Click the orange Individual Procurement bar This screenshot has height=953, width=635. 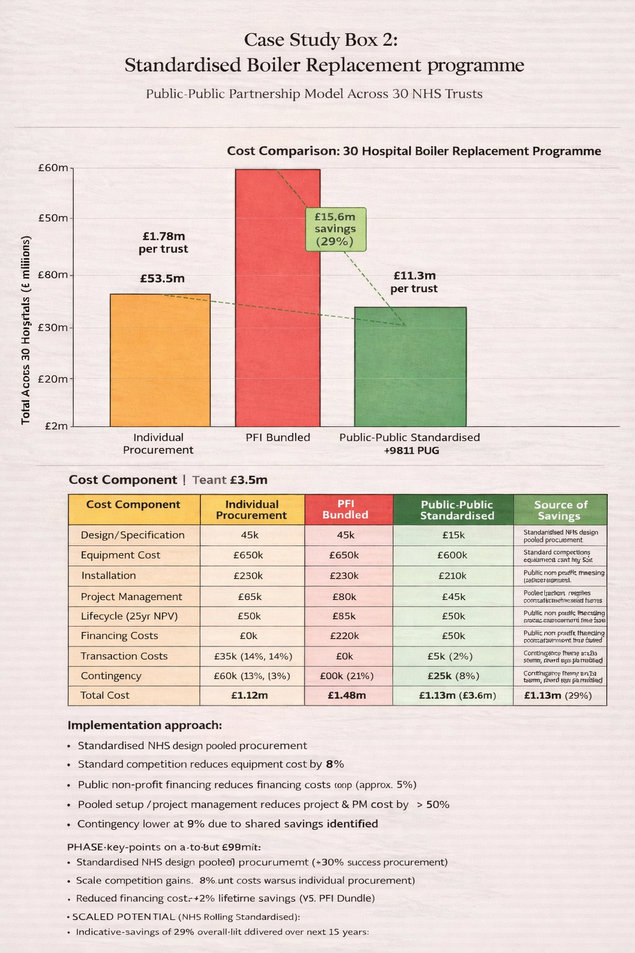click(160, 360)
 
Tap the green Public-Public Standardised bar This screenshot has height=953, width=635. click(410, 366)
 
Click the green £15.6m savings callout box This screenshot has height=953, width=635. click(335, 229)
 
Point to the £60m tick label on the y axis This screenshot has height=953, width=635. click(55, 168)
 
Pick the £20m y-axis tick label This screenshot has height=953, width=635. click(55, 378)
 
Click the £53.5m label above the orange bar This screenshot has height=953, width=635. click(162, 279)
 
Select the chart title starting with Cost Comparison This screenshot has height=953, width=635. click(414, 151)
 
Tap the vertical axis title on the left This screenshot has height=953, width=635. click(26, 330)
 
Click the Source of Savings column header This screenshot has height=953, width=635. click(561, 510)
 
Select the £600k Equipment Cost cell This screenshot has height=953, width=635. click(452, 555)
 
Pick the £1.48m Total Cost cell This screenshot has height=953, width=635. click(347, 696)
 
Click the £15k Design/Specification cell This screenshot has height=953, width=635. click(453, 535)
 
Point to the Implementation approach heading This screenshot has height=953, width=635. click(144, 725)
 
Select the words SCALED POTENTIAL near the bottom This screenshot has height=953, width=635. click(123, 916)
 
